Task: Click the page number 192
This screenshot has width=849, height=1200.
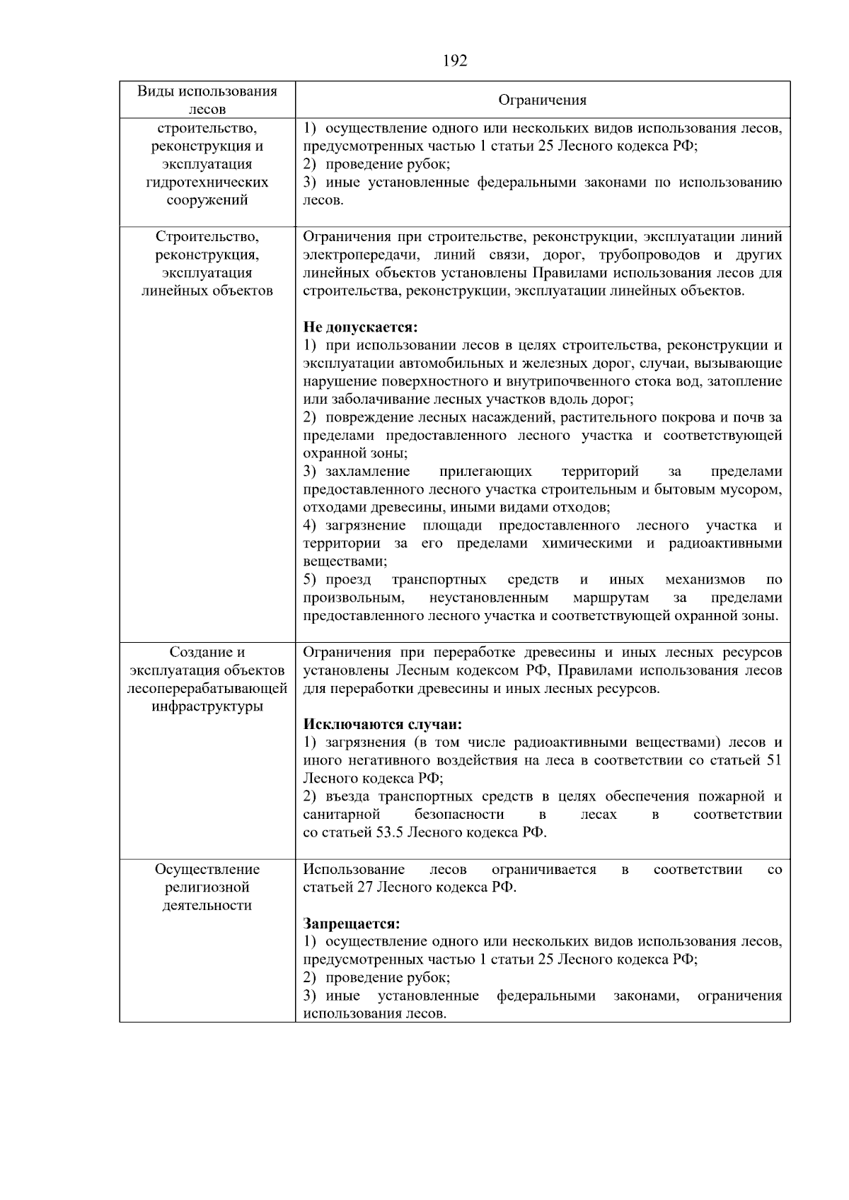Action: coord(455,61)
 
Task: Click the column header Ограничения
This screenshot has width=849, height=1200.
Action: coord(542,100)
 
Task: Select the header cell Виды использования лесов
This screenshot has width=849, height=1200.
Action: coord(207,100)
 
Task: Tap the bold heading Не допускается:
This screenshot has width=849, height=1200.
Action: coord(361,327)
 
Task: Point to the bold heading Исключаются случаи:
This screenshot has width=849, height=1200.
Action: coord(383,724)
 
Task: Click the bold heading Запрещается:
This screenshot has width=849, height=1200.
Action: coord(352,924)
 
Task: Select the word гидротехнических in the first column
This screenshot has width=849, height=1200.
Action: coord(207,182)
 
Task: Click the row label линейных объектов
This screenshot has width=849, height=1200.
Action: coord(207,291)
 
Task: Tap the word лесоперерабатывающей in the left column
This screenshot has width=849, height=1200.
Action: coord(207,688)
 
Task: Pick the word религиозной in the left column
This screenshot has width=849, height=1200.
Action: coord(207,887)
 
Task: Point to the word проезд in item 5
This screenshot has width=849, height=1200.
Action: coord(348,580)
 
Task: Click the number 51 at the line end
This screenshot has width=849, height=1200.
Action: coord(774,760)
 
